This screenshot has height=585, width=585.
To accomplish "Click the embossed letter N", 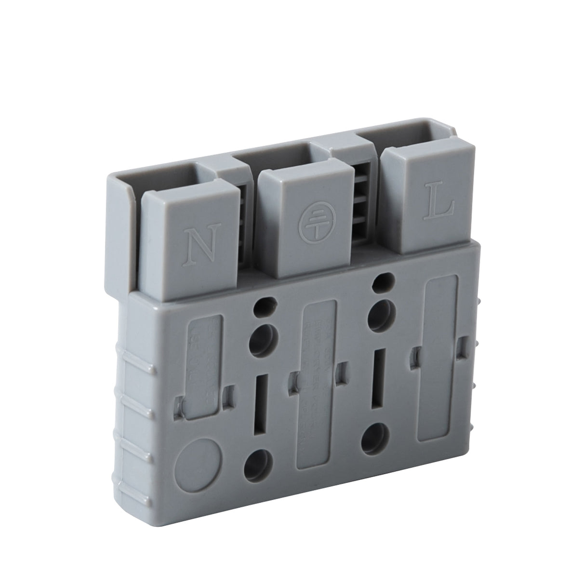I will pos(196,242).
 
